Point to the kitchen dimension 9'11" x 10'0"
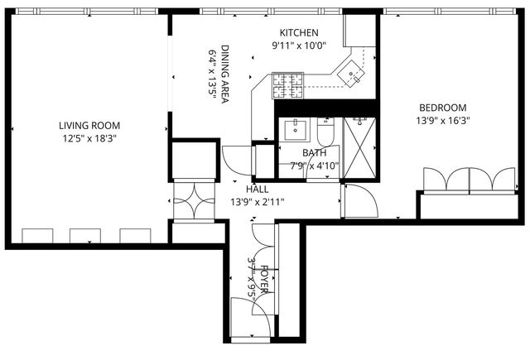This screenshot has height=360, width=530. pyautogui.click(x=295, y=46)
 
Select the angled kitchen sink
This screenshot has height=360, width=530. pyautogui.click(x=354, y=74)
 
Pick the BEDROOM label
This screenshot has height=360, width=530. pyautogui.click(x=442, y=108)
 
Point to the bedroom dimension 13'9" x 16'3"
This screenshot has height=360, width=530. pyautogui.click(x=442, y=120)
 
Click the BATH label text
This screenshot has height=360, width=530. pyautogui.click(x=314, y=153)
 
